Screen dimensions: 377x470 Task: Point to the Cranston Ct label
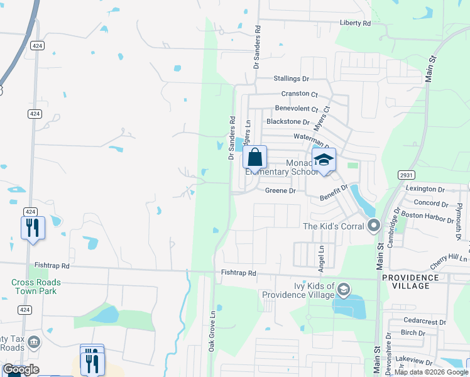(x=299, y=94)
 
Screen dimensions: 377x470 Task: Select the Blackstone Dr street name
(x=288, y=122)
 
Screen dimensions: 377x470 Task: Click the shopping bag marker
(x=255, y=157)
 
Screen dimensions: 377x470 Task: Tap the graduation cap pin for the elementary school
(x=324, y=160)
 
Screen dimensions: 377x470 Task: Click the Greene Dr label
(x=280, y=190)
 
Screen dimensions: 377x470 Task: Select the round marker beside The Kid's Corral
(x=374, y=225)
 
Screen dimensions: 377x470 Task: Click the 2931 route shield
(x=405, y=175)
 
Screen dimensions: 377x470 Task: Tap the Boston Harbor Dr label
(x=427, y=216)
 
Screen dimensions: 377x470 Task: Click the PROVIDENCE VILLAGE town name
(x=410, y=281)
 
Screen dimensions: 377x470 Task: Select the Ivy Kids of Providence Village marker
(x=343, y=290)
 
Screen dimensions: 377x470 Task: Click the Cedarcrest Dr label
(x=425, y=322)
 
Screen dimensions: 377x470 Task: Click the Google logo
(x=20, y=369)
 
